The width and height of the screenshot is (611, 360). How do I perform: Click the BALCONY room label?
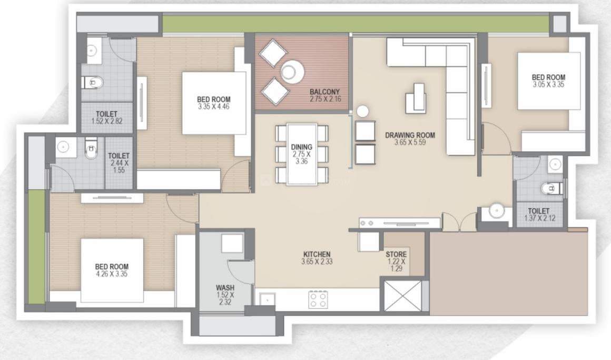point(324,92)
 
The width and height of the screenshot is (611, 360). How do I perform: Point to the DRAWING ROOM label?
point(410,135)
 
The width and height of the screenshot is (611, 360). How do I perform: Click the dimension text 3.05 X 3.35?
point(548,84)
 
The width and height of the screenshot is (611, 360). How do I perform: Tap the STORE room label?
point(396,255)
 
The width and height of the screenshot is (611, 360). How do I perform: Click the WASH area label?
point(225,288)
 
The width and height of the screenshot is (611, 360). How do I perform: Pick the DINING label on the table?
point(301,147)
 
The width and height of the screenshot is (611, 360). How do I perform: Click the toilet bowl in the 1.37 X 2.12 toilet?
point(549,188)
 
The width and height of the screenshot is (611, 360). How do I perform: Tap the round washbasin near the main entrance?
point(496,211)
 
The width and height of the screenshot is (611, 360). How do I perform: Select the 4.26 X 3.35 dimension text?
point(111,274)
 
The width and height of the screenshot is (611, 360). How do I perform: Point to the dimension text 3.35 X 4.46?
point(213,106)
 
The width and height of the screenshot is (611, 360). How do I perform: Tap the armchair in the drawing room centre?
point(416,98)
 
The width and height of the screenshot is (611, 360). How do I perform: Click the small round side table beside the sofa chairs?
point(363,112)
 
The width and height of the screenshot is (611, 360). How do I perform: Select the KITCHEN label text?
point(317,255)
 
